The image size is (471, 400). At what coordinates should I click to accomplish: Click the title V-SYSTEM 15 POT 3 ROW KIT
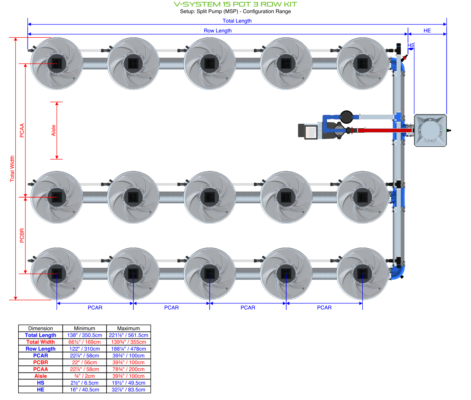pos(235,4)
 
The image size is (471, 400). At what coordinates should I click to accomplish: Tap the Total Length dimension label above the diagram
pos(237,21)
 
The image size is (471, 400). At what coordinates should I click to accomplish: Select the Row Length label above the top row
pos(218,30)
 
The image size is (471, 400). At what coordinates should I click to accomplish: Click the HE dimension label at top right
pos(427,30)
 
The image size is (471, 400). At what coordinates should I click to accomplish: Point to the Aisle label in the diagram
pos(54,130)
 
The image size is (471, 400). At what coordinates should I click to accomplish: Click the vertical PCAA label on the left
pos(22,130)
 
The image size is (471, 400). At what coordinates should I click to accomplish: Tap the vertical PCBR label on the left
pos(22,235)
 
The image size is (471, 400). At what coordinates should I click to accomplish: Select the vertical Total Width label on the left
pos(12,169)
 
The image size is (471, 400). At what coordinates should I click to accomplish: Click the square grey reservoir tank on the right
pos(430,130)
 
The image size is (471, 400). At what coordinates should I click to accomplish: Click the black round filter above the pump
pos(346,116)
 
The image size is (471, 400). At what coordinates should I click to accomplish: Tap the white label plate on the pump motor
pos(311,132)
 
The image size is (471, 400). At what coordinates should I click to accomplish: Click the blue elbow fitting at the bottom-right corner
pos(398,273)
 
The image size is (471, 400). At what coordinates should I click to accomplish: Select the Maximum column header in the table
pos(129,328)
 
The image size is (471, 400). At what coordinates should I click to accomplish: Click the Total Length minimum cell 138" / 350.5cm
pos(84,335)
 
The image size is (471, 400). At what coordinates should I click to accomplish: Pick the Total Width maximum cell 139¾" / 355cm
pos(129,342)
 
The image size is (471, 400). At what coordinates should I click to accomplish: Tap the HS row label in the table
pos(41,383)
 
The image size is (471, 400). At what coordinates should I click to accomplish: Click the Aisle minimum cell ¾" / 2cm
pos(84,376)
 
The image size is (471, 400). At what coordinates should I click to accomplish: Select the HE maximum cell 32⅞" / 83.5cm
pos(129,390)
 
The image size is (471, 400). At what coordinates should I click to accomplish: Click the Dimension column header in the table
pos(41,328)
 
